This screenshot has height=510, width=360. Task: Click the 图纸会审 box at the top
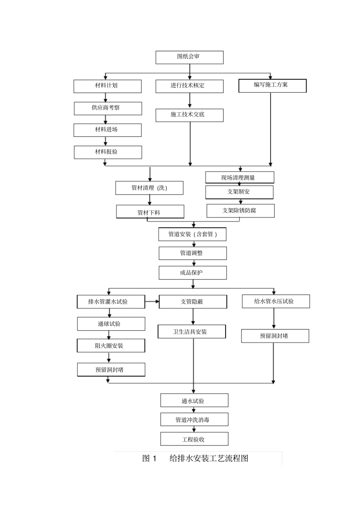(189, 57)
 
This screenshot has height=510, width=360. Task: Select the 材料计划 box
(107, 86)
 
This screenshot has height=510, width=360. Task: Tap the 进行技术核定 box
(189, 86)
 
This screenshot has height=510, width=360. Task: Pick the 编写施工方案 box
(272, 85)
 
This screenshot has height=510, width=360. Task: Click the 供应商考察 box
(108, 108)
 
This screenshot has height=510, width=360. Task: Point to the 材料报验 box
(108, 152)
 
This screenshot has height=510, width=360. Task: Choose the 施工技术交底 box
(189, 115)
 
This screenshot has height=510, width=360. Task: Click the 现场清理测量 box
(239, 177)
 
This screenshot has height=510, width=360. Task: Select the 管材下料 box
(150, 212)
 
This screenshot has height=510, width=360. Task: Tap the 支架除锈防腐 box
(240, 211)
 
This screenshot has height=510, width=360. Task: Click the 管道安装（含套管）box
(193, 234)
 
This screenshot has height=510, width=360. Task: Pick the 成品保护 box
(193, 273)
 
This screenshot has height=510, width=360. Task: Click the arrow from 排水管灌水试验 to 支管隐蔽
(152, 302)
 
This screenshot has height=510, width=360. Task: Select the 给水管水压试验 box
(275, 301)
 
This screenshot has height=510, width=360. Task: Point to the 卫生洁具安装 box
(191, 332)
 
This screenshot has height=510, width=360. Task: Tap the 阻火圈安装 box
(111, 346)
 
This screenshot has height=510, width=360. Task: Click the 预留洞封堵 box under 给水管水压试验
(275, 336)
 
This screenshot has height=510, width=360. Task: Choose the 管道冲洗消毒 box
(194, 420)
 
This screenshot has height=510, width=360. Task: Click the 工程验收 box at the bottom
(194, 439)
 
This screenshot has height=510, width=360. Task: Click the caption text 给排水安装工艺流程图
(209, 458)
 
